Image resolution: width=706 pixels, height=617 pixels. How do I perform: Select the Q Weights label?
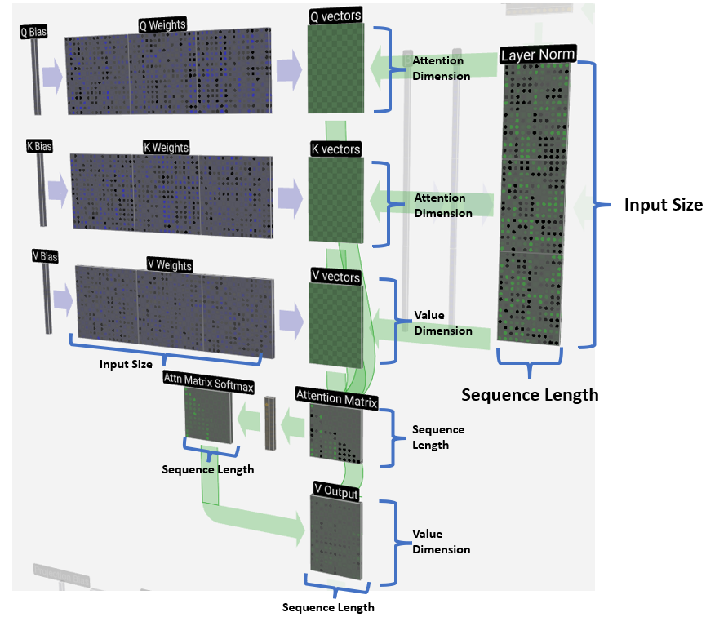point(162,24)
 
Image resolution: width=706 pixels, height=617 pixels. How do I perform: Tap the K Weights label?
point(166,147)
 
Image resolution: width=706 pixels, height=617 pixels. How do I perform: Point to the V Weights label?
point(169,264)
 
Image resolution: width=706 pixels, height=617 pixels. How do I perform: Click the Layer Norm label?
point(538,55)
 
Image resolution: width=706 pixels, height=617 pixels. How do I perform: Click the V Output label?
point(335,488)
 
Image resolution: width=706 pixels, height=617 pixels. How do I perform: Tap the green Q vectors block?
point(335,69)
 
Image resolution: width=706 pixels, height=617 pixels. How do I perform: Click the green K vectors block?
point(335,200)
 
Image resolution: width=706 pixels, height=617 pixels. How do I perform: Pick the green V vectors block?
point(335,322)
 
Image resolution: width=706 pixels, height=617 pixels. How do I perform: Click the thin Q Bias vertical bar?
point(36,78)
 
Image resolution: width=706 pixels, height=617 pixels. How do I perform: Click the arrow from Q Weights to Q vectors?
point(288,72)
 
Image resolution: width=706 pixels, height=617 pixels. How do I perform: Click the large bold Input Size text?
point(663,205)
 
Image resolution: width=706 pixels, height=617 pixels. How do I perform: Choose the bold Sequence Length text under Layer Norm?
point(530,395)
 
